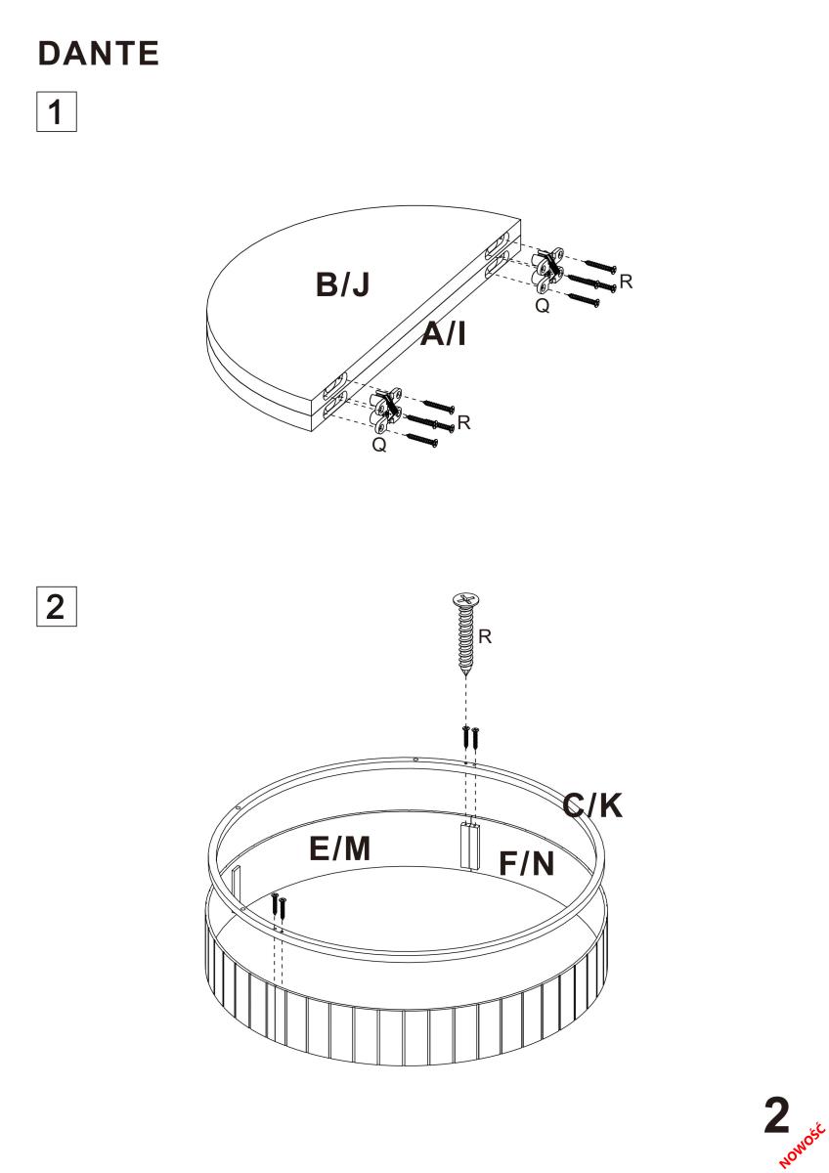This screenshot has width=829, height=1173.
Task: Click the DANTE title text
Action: [x=99, y=54]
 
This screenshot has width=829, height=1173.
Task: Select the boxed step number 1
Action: [x=57, y=111]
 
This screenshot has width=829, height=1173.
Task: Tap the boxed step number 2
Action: [x=57, y=606]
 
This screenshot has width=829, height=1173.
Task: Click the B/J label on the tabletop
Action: [x=343, y=284]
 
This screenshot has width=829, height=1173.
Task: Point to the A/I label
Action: [x=443, y=333]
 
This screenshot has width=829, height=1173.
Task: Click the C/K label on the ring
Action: [x=592, y=804]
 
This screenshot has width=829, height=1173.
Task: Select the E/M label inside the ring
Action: [x=340, y=847]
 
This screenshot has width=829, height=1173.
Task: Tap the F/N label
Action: [x=526, y=863]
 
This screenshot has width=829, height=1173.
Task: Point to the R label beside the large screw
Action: [x=485, y=636]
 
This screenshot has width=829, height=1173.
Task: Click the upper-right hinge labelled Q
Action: [x=547, y=270]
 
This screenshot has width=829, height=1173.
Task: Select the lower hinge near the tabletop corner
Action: [x=386, y=411]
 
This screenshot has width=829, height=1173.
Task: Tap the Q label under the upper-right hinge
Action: [x=543, y=305]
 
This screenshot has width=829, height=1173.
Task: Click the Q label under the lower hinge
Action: [x=379, y=445]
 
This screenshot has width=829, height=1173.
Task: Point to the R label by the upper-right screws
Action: [x=626, y=282]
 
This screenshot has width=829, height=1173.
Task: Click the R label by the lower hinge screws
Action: [x=463, y=422]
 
